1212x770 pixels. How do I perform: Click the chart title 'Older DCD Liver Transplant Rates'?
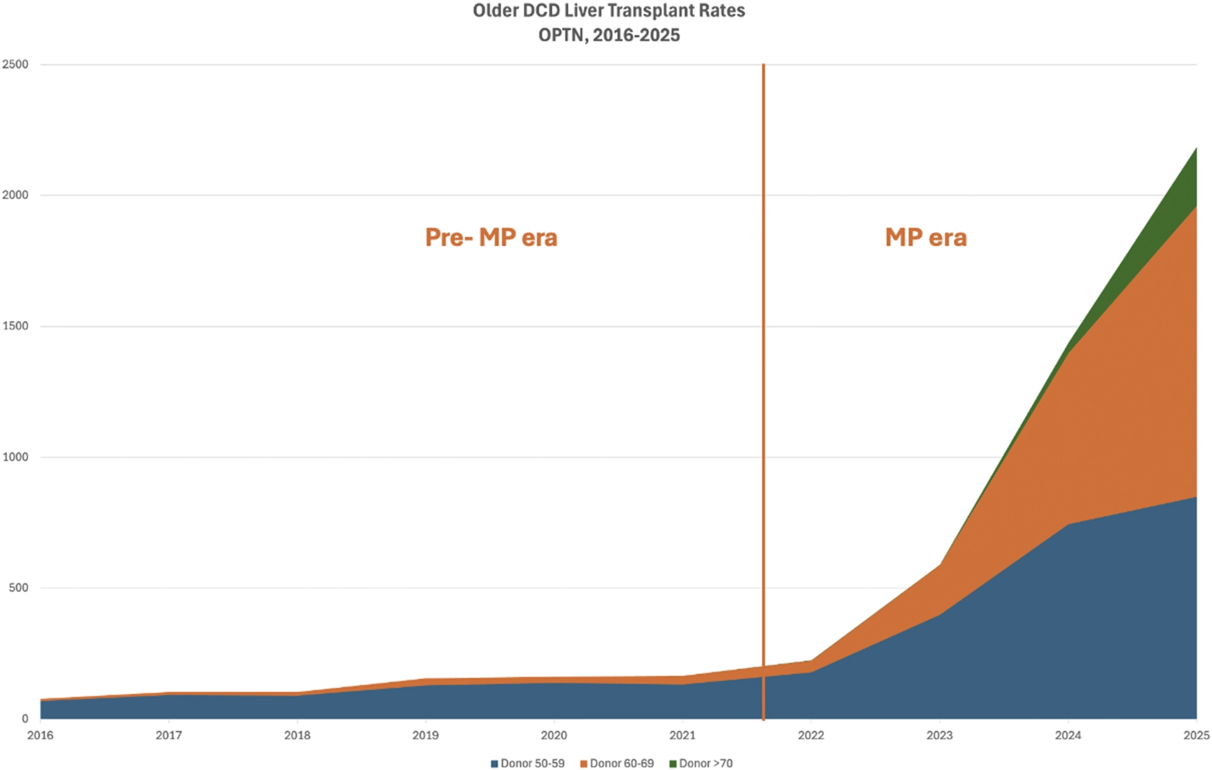tap(609, 11)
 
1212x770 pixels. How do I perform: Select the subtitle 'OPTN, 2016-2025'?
tap(609, 35)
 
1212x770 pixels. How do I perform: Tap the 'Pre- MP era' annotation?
tap(491, 238)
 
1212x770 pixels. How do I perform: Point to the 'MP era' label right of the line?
tap(926, 238)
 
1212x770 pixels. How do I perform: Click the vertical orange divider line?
tap(763, 392)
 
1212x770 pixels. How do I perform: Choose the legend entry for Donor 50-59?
tap(527, 763)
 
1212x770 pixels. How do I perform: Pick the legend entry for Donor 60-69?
tap(616, 763)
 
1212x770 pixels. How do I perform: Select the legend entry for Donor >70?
tap(701, 763)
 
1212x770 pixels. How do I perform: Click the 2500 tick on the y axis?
tap(14, 65)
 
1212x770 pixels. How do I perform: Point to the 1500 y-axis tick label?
tap(14, 326)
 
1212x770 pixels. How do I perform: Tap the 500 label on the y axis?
tap(18, 588)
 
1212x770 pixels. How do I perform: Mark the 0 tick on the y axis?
tap(24, 719)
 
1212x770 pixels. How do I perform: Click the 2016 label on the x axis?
tap(40, 735)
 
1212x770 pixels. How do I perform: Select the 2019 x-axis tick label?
tap(425, 735)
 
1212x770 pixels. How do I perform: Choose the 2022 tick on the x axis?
tap(811, 735)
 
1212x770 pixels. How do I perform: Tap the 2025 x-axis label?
tap(1196, 735)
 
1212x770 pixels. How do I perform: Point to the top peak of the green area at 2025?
tap(1196, 148)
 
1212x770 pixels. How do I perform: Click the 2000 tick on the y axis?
tap(14, 195)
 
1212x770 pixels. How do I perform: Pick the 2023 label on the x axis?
tap(939, 735)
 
